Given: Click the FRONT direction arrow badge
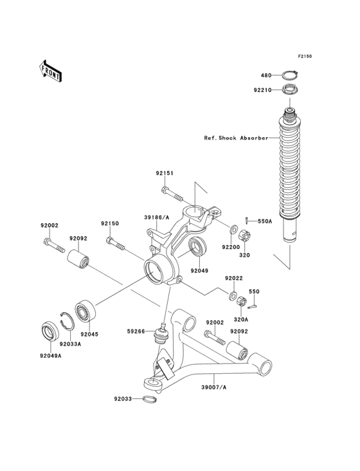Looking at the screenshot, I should click(x=51, y=70).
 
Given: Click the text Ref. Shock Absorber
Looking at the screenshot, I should click(x=237, y=138).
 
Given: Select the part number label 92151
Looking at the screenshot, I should click(x=165, y=173).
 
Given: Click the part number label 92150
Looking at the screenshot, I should click(x=109, y=223).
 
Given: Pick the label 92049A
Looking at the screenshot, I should click(x=50, y=355).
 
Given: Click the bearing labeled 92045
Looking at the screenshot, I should click(x=85, y=311).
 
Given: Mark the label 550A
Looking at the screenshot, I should click(x=265, y=221).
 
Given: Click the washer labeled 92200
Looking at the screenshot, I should click(x=235, y=228).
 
